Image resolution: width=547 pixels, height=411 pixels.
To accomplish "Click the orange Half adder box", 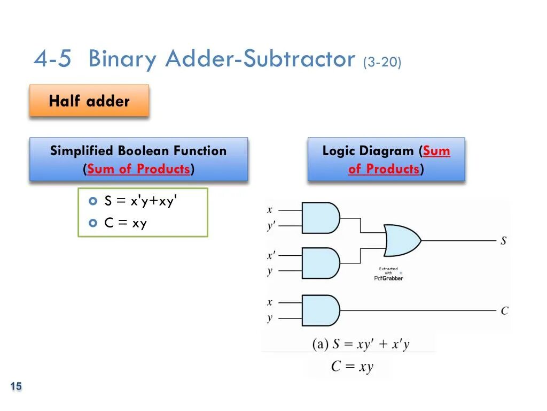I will click(89, 101).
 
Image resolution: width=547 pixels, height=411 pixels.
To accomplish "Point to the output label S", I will click(503, 241).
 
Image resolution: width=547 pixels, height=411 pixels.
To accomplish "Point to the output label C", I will click(504, 311).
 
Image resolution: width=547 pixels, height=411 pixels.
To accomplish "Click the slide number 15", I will click(16, 386).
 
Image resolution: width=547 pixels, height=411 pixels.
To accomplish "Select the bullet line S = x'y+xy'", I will click(139, 201).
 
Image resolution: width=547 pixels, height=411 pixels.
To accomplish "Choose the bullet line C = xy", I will click(126, 223).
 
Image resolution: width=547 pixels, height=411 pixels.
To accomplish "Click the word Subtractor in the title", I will click(299, 59).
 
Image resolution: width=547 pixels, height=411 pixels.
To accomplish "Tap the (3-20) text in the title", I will click(382, 62).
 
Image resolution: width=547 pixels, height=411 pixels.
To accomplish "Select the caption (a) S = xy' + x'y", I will click(361, 344).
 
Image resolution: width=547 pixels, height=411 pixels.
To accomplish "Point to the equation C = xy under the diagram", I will click(352, 367).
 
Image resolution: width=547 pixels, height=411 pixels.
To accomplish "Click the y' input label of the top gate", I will click(271, 226).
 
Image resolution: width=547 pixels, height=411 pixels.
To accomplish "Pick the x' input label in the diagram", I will click(271, 256).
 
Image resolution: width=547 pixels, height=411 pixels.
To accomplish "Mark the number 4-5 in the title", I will click(52, 59).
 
